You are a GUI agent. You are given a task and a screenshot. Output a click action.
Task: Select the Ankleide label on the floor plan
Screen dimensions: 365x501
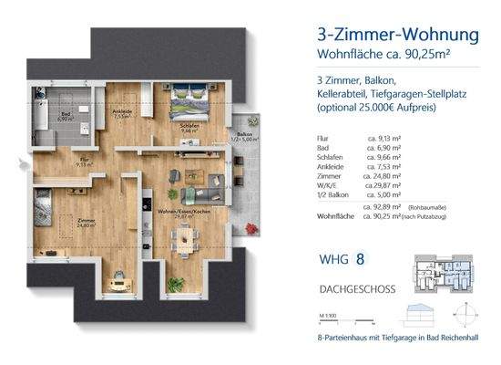click(x=123, y=114)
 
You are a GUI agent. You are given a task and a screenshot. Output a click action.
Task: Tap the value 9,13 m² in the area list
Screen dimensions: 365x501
click(x=384, y=140)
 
